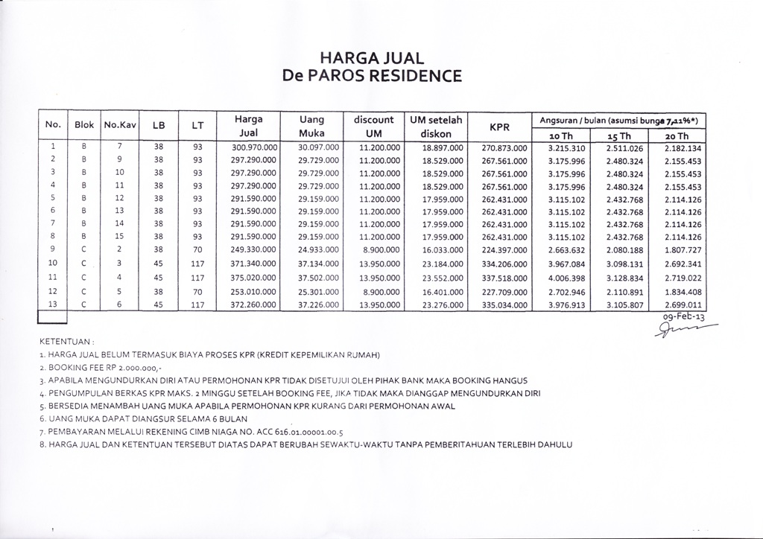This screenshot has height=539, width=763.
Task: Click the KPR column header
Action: (x=498, y=127)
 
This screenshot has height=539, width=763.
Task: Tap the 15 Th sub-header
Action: (x=620, y=136)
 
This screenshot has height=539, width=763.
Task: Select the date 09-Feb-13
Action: (x=682, y=316)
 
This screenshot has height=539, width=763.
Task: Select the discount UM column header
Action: (x=373, y=127)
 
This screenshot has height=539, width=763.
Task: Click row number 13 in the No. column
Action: (x=52, y=304)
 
